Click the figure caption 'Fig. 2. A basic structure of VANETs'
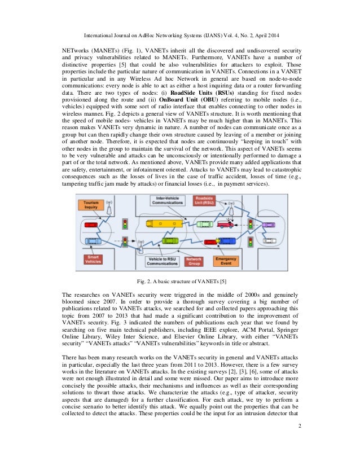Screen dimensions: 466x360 [179, 281]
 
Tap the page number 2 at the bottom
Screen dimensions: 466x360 [300, 434]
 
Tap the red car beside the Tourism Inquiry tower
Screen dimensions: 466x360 [90, 225]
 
